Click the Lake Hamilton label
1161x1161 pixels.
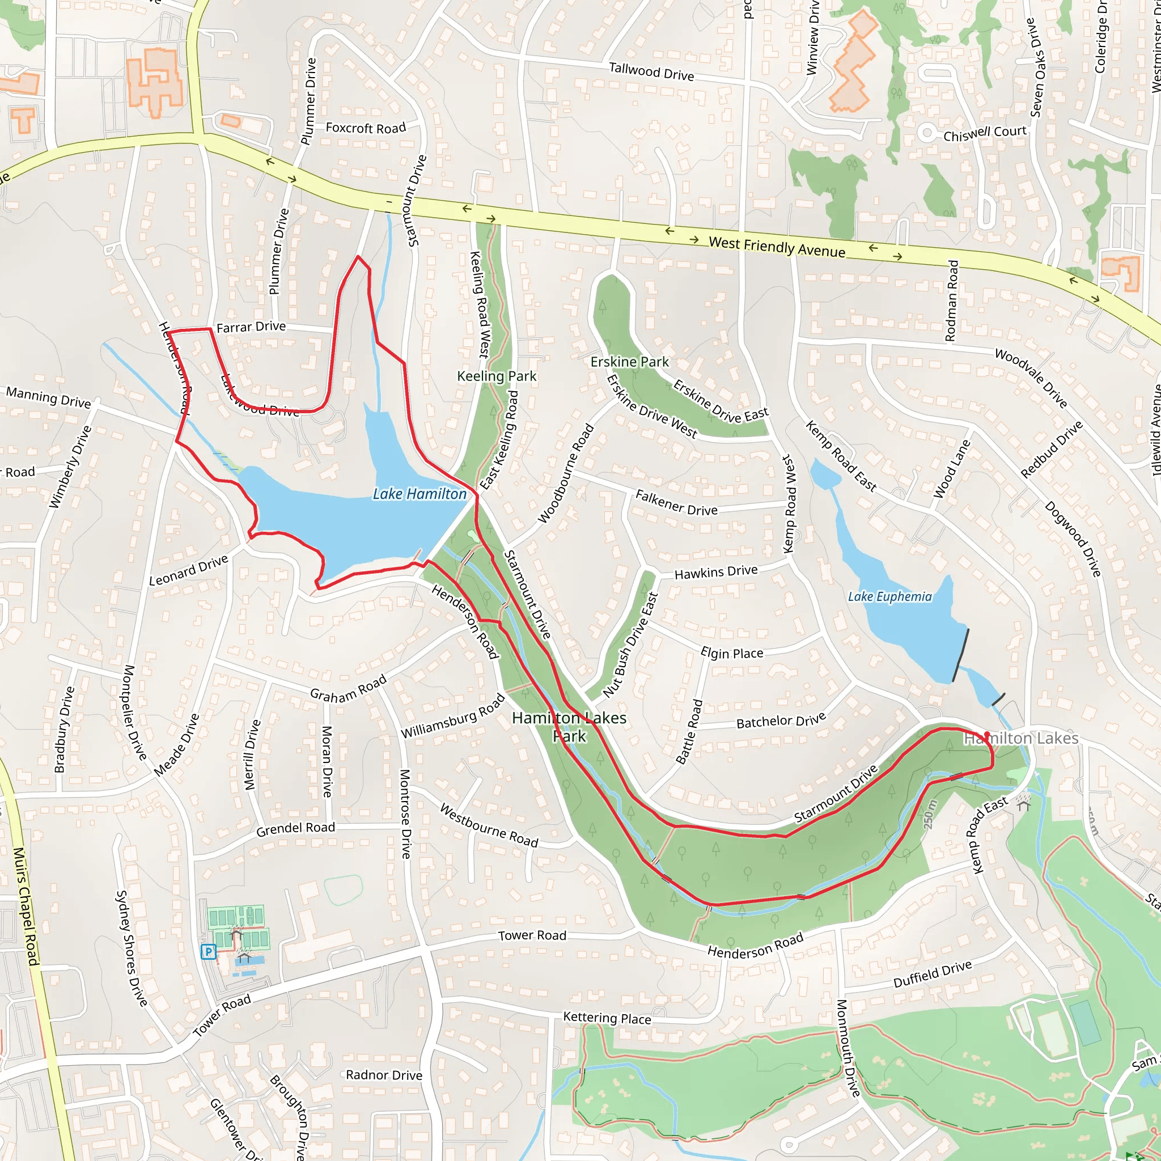pyautogui.click(x=420, y=494)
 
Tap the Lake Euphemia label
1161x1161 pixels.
pyautogui.click(x=889, y=597)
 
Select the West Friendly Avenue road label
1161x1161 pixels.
pyautogui.click(x=777, y=247)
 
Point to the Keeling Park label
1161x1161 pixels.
pyautogui.click(x=497, y=376)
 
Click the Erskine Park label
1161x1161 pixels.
pyautogui.click(x=629, y=362)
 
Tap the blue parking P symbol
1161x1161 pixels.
pyautogui.click(x=209, y=951)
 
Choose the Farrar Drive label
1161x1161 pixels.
pyautogui.click(x=251, y=327)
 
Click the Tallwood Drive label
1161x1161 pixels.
pyautogui.click(x=651, y=72)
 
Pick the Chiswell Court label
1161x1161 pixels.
pyautogui.click(x=984, y=133)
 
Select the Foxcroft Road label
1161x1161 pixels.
pyautogui.click(x=366, y=128)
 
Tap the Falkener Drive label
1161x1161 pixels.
pyautogui.click(x=676, y=503)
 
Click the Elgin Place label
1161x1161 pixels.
pyautogui.click(x=731, y=653)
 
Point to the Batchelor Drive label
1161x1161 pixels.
pyautogui.click(x=781, y=721)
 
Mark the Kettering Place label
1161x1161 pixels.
pyautogui.click(x=607, y=1018)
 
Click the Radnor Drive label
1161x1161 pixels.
pyautogui.click(x=384, y=1075)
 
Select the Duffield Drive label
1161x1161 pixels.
pyautogui.click(x=932, y=974)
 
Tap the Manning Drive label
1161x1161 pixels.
pyautogui.click(x=49, y=398)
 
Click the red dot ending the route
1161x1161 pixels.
pyautogui.click(x=986, y=734)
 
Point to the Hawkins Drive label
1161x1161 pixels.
pyautogui.click(x=716, y=571)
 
